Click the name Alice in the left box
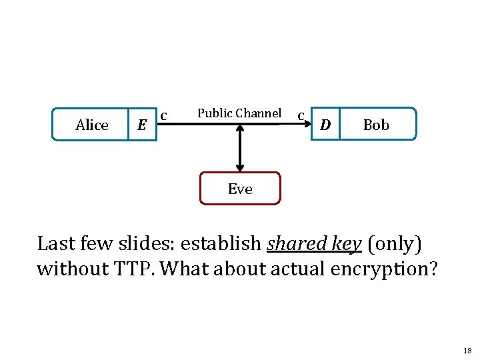pyautogui.click(x=92, y=125)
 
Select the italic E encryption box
pyautogui.click(x=143, y=124)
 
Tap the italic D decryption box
pyautogui.click(x=325, y=124)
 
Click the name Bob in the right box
pyautogui.click(x=376, y=125)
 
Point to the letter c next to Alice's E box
pyautogui.click(x=164, y=116)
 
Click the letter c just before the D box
pyautogui.click(x=301, y=116)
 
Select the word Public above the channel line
pyautogui.click(x=215, y=113)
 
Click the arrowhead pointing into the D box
pyautogui.click(x=307, y=124)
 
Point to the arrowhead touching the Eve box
pyautogui.click(x=240, y=168)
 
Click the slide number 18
pyautogui.click(x=467, y=351)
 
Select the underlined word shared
pyautogui.click(x=296, y=243)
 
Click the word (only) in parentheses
pyautogui.click(x=395, y=244)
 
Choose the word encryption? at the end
pyautogui.click(x=384, y=269)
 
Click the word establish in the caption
pyautogui.click(x=221, y=243)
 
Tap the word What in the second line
pyautogui.click(x=185, y=269)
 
